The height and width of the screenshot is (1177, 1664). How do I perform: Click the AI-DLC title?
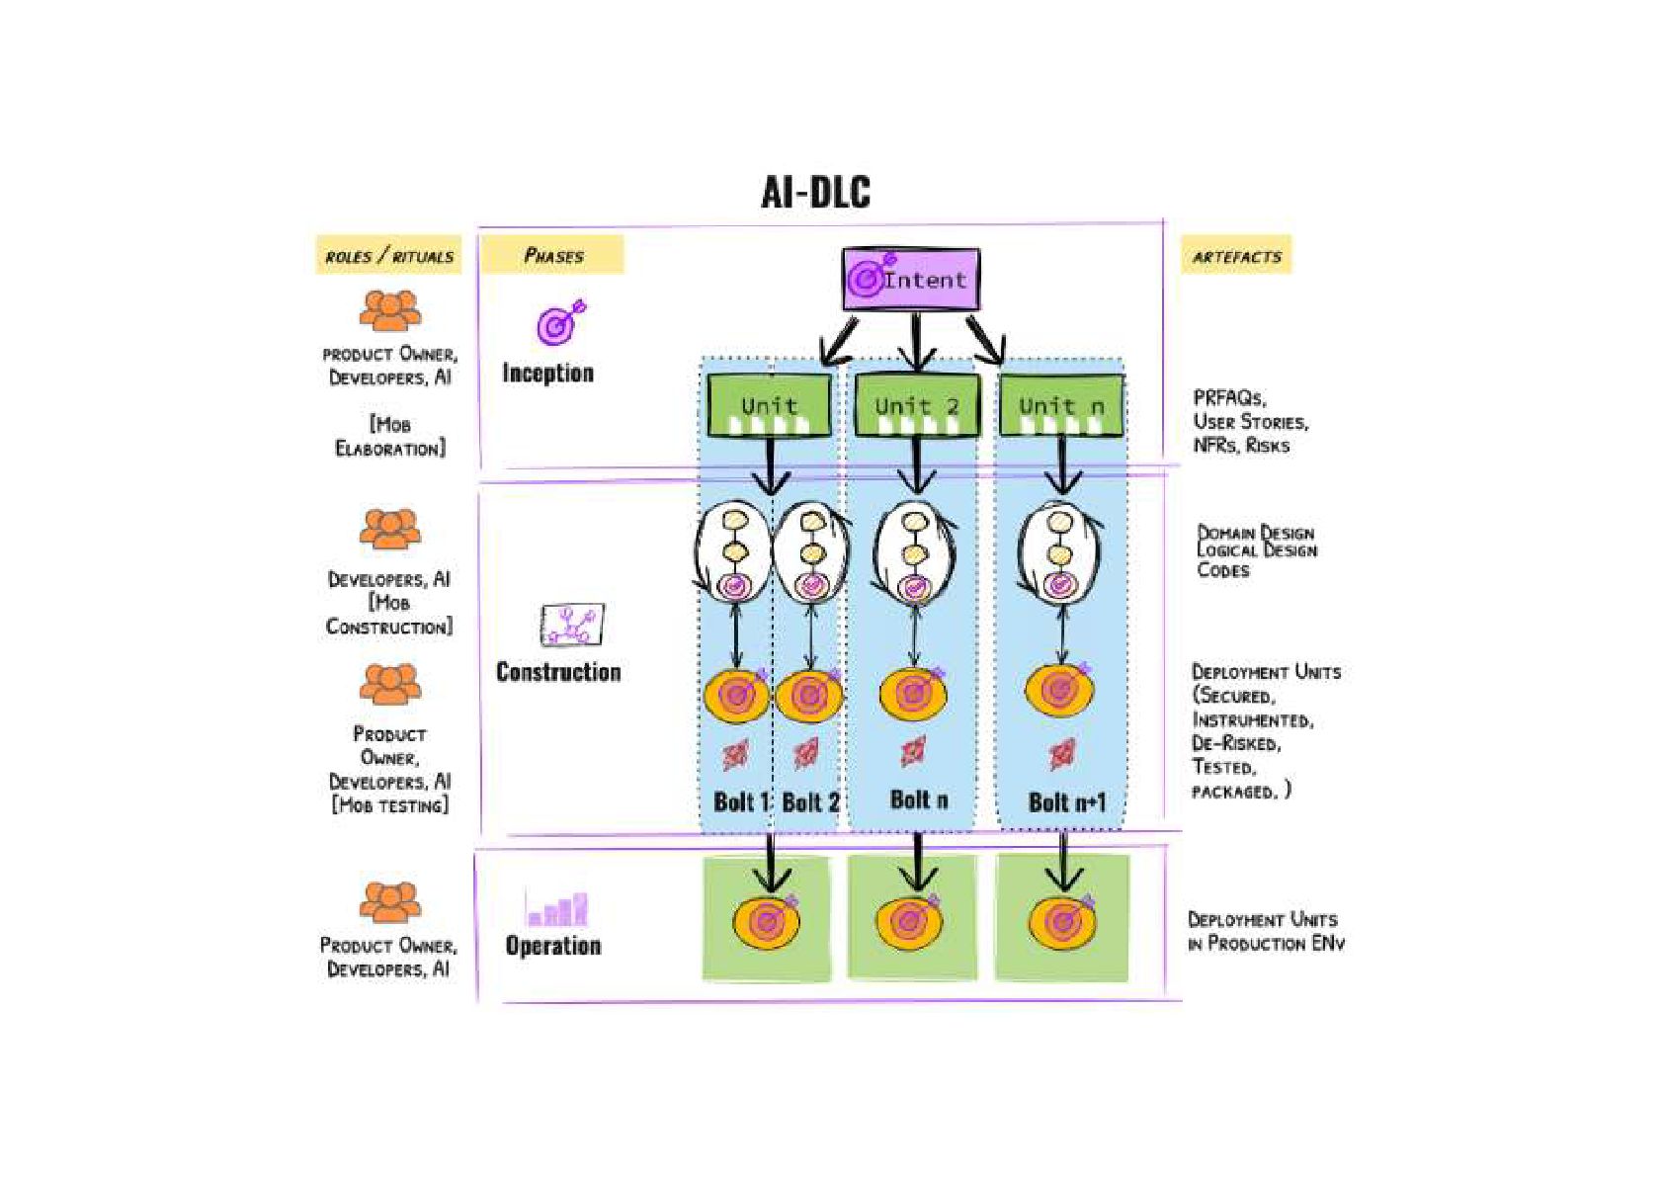click(815, 192)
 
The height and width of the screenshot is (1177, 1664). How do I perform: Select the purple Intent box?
click(911, 279)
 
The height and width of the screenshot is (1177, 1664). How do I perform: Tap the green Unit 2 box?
click(916, 405)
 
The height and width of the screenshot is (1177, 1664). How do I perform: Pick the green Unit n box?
click(1061, 405)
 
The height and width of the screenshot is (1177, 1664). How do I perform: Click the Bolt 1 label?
click(740, 801)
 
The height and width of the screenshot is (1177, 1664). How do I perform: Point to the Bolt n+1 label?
click(1066, 801)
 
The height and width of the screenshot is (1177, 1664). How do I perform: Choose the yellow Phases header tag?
click(552, 255)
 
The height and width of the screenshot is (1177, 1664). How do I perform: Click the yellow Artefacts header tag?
click(1236, 256)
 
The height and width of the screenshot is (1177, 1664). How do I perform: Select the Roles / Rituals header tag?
click(388, 256)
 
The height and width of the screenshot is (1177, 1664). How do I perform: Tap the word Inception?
click(547, 373)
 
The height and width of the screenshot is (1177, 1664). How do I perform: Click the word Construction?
click(558, 672)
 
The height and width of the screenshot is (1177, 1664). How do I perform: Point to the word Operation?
click(553, 946)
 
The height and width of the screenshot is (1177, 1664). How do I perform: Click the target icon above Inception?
click(559, 322)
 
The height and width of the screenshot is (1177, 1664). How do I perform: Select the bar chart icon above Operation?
click(557, 908)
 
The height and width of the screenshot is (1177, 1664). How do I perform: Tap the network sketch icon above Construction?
click(571, 625)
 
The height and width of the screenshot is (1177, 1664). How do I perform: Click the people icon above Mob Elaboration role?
click(389, 310)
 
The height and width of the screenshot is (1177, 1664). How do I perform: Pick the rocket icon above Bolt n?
click(914, 752)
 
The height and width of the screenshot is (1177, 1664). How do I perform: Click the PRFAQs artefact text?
click(1229, 397)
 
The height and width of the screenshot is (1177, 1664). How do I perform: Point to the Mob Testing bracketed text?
click(389, 805)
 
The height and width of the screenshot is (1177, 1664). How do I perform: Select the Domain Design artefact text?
click(1256, 533)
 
